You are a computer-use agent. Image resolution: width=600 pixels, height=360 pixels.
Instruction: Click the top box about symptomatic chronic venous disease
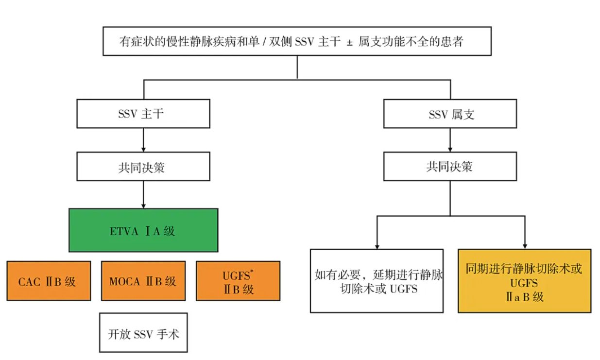[x=297, y=42]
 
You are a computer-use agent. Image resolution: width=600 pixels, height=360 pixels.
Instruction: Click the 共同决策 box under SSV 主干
[x=143, y=168]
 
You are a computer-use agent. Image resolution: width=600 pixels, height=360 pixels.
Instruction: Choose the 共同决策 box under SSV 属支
[x=450, y=168]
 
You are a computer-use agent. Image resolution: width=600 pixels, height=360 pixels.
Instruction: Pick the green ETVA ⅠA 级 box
[x=143, y=230]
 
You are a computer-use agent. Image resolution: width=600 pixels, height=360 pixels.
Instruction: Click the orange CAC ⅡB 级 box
[x=49, y=281]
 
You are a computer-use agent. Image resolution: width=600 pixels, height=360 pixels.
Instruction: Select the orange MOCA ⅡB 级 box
[x=143, y=281]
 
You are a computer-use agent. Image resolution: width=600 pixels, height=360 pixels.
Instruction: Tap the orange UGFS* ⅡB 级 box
[x=238, y=281]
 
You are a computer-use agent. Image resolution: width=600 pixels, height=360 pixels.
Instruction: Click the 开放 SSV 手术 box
[x=143, y=333]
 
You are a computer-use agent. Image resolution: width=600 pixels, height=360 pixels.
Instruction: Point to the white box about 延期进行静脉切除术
[x=377, y=281]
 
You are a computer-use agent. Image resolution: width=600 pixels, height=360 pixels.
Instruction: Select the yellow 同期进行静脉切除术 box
[x=525, y=281]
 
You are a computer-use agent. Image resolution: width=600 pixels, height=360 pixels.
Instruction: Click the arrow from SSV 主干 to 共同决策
[x=143, y=141]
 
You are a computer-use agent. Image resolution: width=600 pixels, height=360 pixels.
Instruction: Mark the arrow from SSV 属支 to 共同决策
[x=450, y=141]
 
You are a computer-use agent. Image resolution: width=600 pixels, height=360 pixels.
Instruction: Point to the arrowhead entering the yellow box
[x=525, y=246]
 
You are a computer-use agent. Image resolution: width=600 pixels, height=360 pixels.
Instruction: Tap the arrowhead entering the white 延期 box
[x=377, y=246]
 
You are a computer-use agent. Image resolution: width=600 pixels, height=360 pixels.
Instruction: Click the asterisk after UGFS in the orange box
[x=251, y=272]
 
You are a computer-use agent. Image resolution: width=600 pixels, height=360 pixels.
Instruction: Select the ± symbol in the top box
[x=349, y=42]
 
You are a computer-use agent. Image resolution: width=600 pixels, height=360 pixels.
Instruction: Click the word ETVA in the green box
[x=121, y=231]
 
